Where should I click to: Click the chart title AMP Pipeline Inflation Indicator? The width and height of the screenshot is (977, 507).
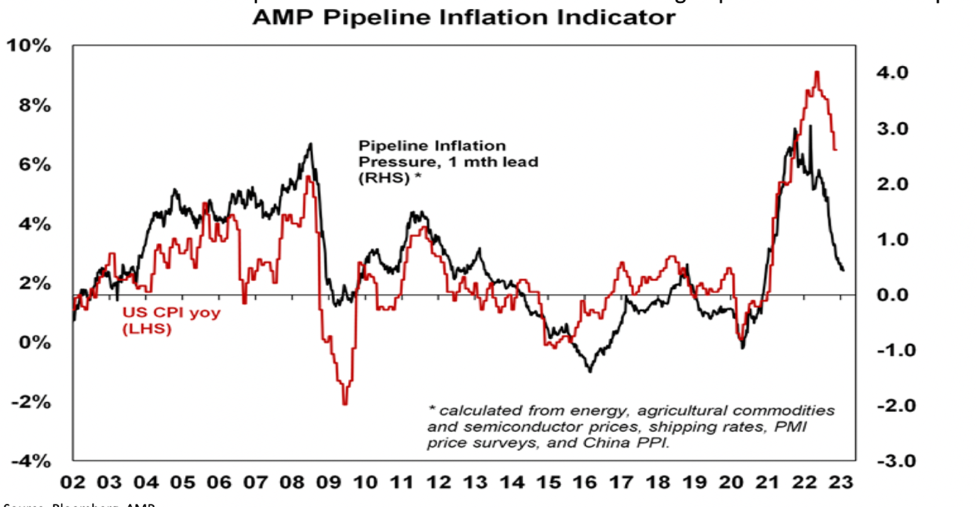coord(464,17)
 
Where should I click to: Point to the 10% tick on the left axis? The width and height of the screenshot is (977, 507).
coord(28,46)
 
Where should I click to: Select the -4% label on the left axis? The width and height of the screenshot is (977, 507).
coord(28,460)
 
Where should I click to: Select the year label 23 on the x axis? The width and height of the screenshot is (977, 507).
coord(840,484)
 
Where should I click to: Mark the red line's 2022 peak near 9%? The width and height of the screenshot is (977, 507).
coord(817,72)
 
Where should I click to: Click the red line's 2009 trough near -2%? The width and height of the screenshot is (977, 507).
coord(344,404)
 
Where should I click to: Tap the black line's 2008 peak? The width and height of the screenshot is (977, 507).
coord(310,144)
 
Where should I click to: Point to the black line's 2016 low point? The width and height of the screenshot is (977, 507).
coord(589,371)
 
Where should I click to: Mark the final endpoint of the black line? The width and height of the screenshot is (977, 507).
coord(842,270)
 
